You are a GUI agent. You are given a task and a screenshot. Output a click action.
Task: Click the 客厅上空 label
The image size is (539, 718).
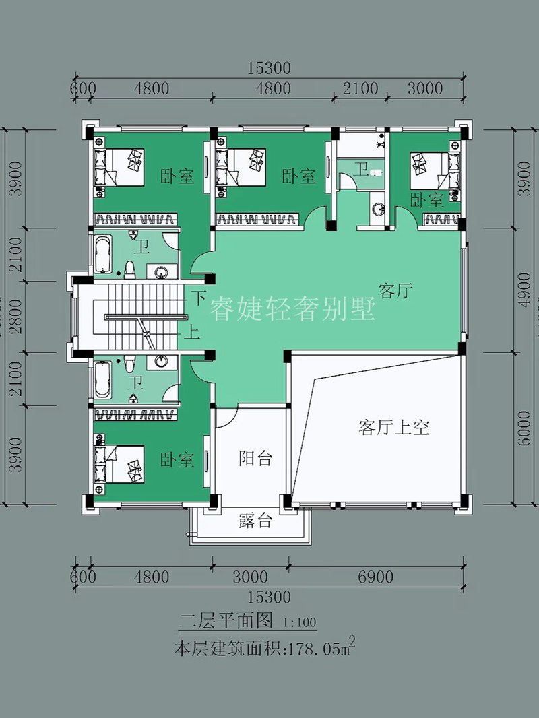pos(394,427)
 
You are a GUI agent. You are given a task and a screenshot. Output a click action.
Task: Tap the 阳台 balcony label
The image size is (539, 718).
pos(255,459)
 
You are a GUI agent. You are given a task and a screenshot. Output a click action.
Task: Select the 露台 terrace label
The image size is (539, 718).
pos(255,520)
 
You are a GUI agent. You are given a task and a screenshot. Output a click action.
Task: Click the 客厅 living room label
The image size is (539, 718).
pos(395,291)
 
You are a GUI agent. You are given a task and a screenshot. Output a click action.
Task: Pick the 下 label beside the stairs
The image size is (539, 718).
pos(198,297)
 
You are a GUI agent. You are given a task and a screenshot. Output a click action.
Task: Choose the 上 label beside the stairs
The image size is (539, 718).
pos(193,331)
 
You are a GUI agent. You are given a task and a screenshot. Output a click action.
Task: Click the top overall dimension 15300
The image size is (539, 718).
pos(268,68)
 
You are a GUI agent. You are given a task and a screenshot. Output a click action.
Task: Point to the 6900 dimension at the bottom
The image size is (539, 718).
pos(375,577)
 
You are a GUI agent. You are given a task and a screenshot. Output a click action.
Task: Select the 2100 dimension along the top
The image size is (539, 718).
pos(361,89)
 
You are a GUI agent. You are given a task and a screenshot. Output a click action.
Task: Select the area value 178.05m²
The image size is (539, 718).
pos(322,649)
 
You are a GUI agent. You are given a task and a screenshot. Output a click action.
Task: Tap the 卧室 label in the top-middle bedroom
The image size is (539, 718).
pos(298,176)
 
